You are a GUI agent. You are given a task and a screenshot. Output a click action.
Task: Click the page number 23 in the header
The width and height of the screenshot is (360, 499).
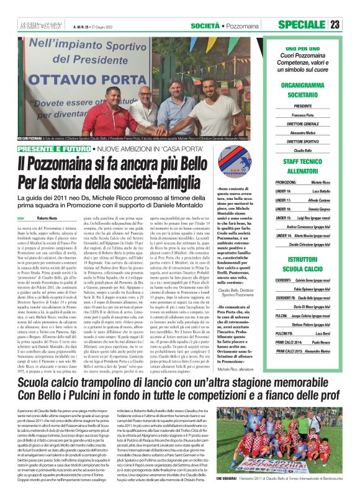click(352, 24)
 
